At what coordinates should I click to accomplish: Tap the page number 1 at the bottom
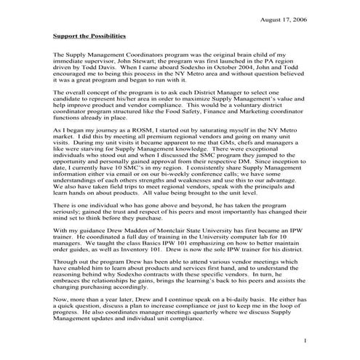(x=306, y=341)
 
